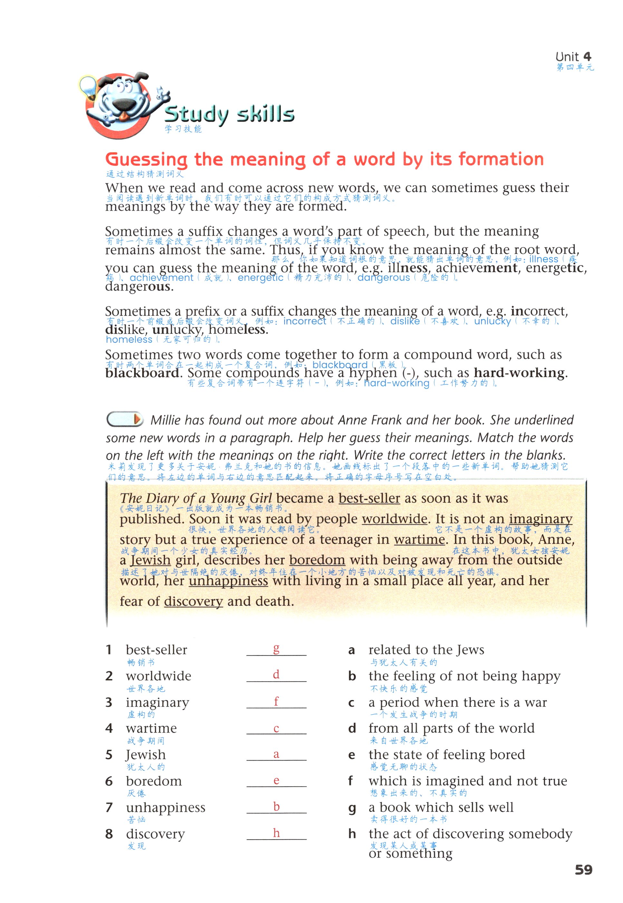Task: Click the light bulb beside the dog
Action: coord(88,87)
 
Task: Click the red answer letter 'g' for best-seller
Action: coord(276,648)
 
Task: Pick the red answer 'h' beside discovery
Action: coord(276,832)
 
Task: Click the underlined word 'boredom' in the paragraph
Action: coord(317,560)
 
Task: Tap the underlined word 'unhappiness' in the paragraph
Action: coord(228,581)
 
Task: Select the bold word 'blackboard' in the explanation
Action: coord(142,373)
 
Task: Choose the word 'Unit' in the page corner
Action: coord(567,57)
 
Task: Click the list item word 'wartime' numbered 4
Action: coord(151,728)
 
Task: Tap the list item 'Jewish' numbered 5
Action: coord(146,754)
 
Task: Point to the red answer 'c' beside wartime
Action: coord(276,728)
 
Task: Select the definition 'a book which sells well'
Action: coord(441,807)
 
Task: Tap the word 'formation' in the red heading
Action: coord(501,159)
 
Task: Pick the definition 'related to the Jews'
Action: coord(426,650)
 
